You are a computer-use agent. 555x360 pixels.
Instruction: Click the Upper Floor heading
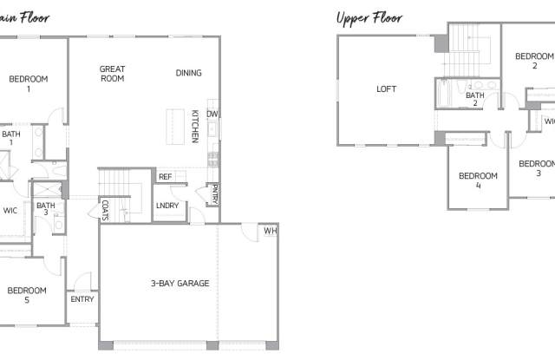tap(369, 16)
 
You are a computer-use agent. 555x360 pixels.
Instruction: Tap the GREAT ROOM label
tap(113, 74)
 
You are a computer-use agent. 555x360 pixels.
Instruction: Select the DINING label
tap(189, 73)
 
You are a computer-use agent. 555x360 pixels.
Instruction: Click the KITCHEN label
tap(196, 127)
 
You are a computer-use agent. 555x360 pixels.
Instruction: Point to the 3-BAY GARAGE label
tap(180, 283)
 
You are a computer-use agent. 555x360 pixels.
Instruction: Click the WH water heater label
tap(270, 231)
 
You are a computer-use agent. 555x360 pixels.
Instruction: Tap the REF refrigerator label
tap(165, 177)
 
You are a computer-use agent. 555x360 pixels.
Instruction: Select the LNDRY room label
tap(166, 206)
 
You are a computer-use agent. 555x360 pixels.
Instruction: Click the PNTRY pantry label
tap(214, 193)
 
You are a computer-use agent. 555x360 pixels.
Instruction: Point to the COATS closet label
tap(105, 210)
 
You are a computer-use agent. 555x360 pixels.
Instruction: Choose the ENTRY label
tap(82, 299)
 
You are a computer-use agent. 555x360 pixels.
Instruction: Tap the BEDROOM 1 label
tap(29, 83)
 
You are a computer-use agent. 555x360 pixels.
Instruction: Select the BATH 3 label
tap(46, 209)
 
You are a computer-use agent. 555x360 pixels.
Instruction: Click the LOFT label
tap(386, 88)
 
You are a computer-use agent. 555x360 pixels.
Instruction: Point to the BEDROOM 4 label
tap(478, 180)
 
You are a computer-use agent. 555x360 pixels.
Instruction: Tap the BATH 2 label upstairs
tap(474, 99)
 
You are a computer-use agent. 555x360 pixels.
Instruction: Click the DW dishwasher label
tap(212, 114)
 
